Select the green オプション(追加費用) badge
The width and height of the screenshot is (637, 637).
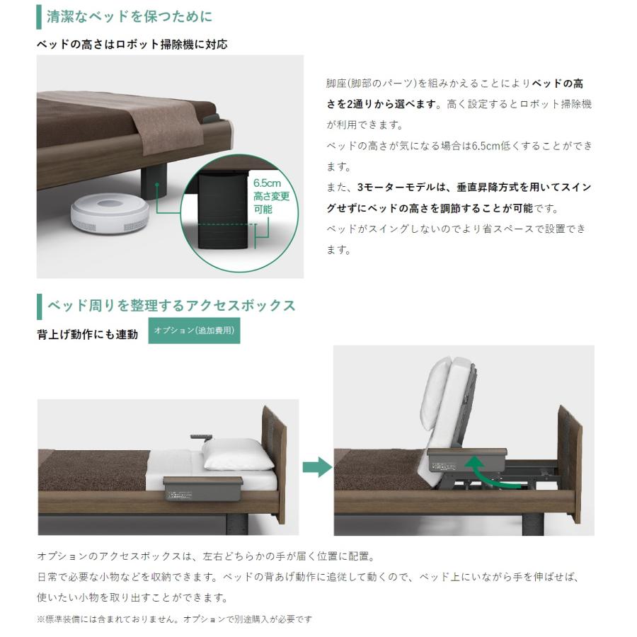coord(194,331)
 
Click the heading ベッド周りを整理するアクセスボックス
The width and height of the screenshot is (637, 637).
coord(171,306)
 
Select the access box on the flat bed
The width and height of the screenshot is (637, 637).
coord(202,488)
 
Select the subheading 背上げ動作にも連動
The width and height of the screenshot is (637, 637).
coord(87,334)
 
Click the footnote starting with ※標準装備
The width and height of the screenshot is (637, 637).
coord(173,619)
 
